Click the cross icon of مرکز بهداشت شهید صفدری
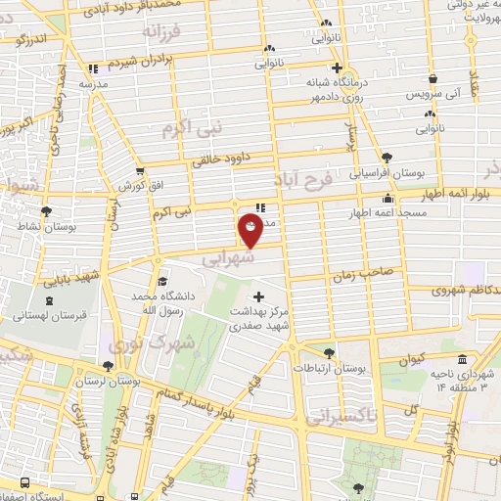point(258,296)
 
